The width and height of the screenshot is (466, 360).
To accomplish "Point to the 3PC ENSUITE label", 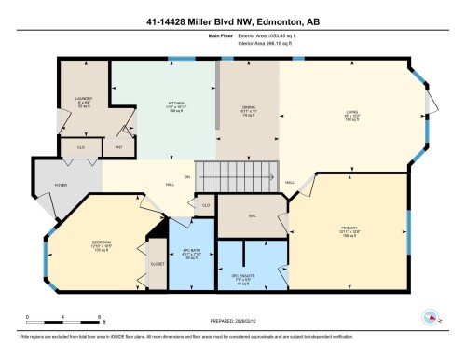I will click(x=241, y=275).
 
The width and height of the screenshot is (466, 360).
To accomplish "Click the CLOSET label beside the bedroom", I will click(x=157, y=264).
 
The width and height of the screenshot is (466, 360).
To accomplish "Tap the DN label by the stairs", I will click(x=186, y=176).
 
